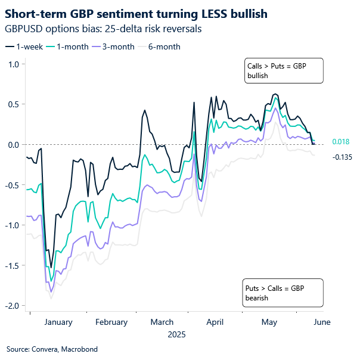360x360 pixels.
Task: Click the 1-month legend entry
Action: coord(71,46)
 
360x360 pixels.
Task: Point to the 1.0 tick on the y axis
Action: coord(12,64)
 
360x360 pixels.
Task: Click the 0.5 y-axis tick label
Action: coord(12,104)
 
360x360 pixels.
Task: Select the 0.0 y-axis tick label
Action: coord(12,144)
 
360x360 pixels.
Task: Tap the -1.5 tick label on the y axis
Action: coord(11,265)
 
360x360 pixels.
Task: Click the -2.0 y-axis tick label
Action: coord(11,305)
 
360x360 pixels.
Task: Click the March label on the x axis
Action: coord(162,322)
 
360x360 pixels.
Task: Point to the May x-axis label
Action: coord(269,322)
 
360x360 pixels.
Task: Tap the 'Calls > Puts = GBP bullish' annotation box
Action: coord(284,70)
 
